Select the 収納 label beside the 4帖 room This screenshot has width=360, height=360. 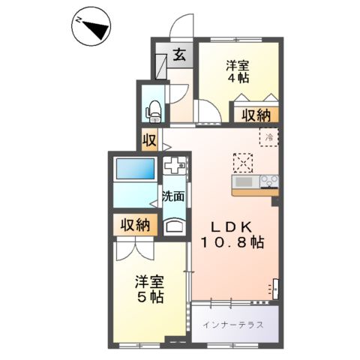click(x=255, y=115)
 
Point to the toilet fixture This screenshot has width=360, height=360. click(x=154, y=109)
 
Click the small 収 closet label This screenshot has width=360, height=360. click(x=149, y=139)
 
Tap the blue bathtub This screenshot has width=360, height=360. click(x=136, y=169)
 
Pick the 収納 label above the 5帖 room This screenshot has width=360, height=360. click(x=135, y=224)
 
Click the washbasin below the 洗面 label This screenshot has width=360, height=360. click(x=175, y=225)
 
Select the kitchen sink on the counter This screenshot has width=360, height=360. click(x=245, y=182)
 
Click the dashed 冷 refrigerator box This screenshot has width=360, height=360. click(x=269, y=137)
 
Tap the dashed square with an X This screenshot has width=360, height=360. click(x=244, y=163)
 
